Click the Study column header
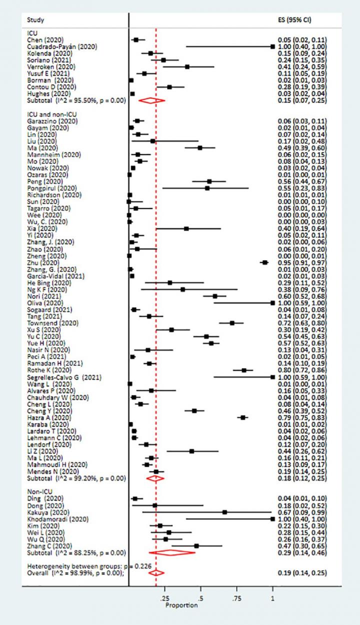click(35, 20)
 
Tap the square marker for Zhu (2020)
click(265, 262)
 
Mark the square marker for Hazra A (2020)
click(243, 417)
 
